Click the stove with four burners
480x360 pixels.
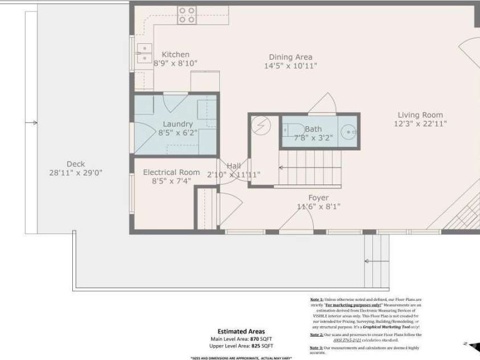[x=187, y=15]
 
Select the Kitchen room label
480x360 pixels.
[x=175, y=55]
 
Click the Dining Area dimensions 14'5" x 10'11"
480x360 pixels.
[x=290, y=66]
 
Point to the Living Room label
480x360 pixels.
[x=420, y=114]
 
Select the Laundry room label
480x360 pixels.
[x=178, y=124]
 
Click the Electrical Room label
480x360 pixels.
[x=171, y=172]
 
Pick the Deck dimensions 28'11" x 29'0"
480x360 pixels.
[x=76, y=173]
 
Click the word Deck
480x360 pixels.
[x=76, y=164]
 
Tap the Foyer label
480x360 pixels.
[x=318, y=198]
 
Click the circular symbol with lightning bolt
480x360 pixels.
[x=262, y=126]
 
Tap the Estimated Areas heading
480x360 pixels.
[x=241, y=331]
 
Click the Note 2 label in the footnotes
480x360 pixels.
[x=317, y=334]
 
